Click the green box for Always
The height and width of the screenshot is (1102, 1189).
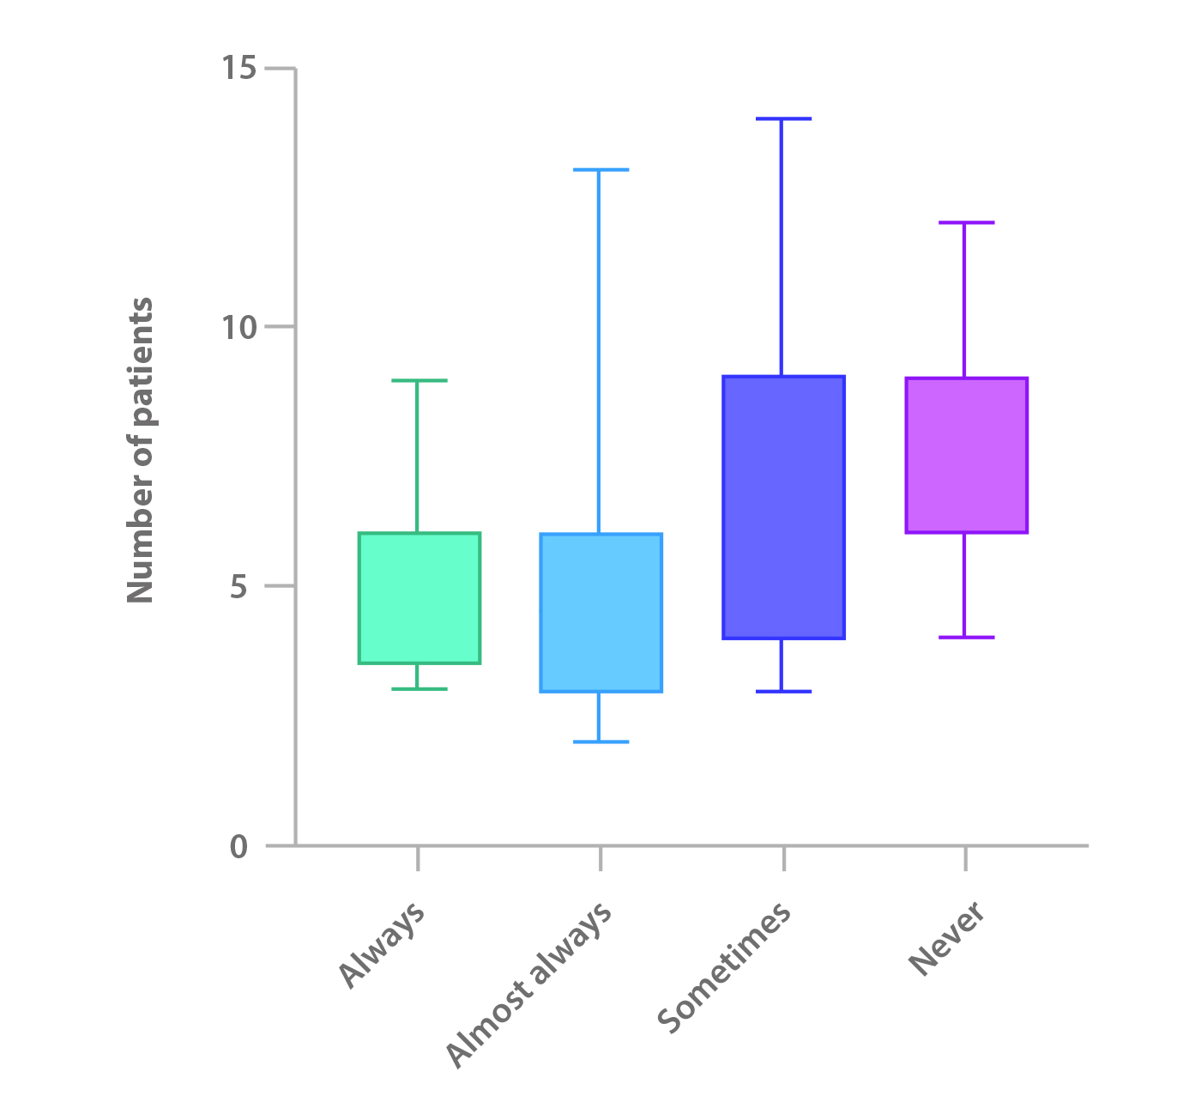tap(419, 598)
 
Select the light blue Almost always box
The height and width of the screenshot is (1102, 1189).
tap(601, 613)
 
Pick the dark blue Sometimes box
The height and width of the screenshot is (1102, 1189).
tap(783, 507)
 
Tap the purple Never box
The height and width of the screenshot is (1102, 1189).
tap(966, 455)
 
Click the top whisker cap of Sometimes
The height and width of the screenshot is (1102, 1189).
tap(783, 119)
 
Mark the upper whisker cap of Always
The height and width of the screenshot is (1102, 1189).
tap(418, 380)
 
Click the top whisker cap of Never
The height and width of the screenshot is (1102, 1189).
tap(966, 222)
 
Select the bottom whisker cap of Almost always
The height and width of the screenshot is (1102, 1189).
tap(601, 742)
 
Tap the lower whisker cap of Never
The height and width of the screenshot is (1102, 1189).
tap(966, 638)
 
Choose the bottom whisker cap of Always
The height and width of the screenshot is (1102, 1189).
tap(418, 689)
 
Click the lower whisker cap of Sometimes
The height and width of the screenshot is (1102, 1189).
tap(783, 691)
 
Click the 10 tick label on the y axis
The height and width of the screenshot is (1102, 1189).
tap(239, 327)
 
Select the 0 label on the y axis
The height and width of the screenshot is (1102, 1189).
tap(239, 847)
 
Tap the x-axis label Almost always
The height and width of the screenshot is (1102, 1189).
tap(530, 984)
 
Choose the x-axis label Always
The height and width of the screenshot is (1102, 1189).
tap(382, 945)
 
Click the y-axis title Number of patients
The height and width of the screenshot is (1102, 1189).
tap(140, 451)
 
